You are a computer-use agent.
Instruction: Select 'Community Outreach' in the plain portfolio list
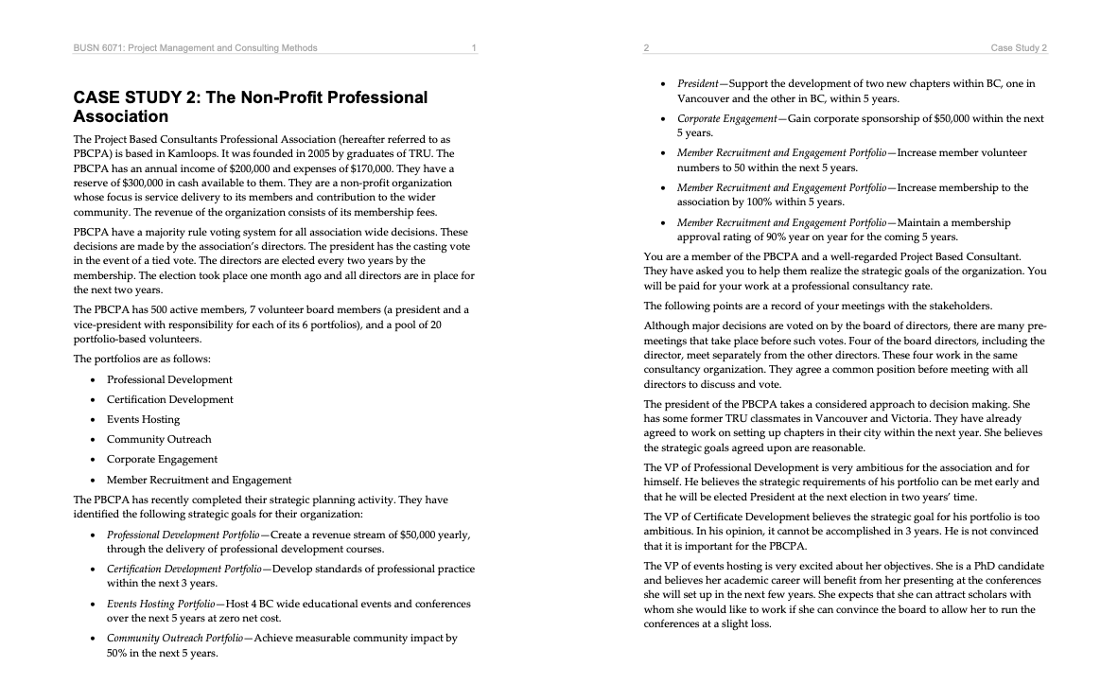[159, 439]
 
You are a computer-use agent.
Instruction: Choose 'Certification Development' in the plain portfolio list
[169, 399]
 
